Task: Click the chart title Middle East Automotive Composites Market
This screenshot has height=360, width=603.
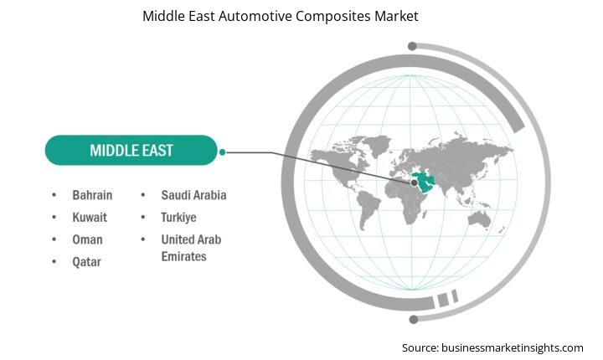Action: point(281,16)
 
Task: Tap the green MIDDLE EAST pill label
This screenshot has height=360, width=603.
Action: point(131,150)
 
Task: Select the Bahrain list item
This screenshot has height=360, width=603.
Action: point(92,195)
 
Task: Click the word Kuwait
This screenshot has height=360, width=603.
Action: point(90,218)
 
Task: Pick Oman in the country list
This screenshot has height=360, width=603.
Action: point(87,239)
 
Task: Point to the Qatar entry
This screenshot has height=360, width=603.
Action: point(86,262)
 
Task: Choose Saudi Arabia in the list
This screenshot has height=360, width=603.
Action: point(193,195)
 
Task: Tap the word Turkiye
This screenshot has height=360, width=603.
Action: point(178,218)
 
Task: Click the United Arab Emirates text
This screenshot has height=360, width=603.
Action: point(191,248)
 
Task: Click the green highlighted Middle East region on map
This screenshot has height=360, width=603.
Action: point(424,182)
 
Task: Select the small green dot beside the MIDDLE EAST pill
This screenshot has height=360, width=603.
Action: point(222,152)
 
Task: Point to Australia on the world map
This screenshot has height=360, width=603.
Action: point(479,219)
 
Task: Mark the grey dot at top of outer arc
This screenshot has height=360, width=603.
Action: point(412,46)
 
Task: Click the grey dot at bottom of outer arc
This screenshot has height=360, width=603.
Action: point(414,319)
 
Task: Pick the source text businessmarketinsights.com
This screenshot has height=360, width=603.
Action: point(512,347)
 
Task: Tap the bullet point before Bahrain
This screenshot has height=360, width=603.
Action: point(54,195)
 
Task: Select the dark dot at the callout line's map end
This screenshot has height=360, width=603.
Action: point(415,183)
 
